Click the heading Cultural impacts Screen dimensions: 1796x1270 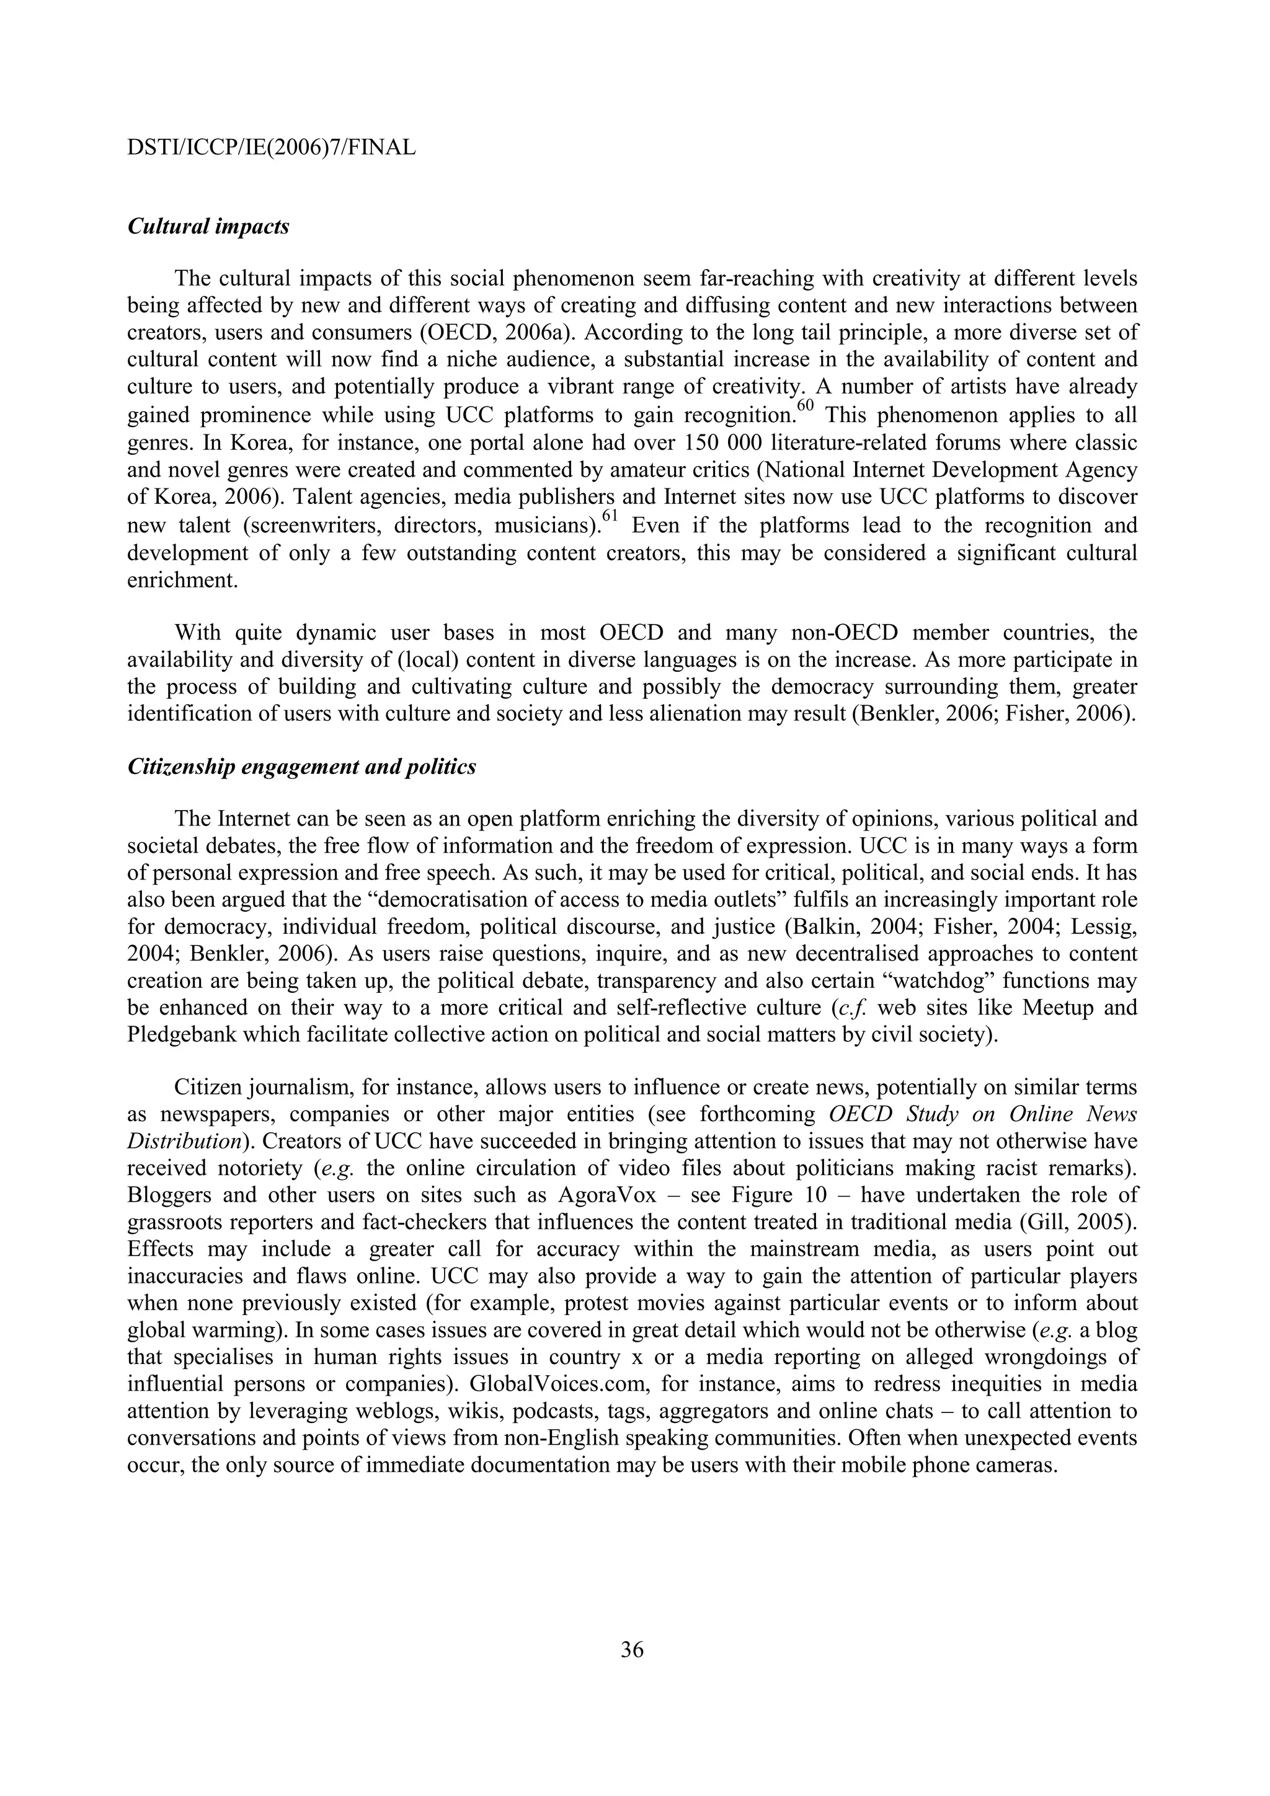click(208, 227)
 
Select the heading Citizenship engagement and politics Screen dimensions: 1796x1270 click(301, 767)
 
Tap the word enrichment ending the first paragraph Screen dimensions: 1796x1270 click(182, 582)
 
